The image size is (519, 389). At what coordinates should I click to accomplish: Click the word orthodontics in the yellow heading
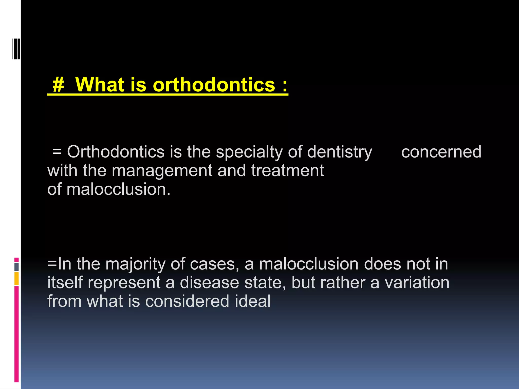(214, 85)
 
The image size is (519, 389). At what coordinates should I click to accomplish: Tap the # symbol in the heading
(58, 85)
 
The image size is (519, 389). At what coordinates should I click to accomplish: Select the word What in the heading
(100, 85)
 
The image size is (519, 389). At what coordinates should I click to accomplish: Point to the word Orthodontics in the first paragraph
(116, 152)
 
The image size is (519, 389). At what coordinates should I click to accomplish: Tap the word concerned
(441, 152)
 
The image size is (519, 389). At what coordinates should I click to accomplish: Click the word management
(162, 171)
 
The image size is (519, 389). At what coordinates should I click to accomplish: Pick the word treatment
(287, 170)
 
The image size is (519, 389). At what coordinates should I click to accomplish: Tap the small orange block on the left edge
(16, 279)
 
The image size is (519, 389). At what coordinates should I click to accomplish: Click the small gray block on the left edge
(16, 267)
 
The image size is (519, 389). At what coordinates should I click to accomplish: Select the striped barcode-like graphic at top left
(16, 49)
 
